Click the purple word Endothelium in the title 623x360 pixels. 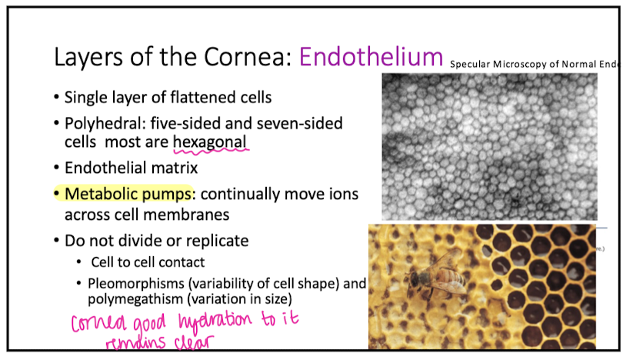tap(371, 56)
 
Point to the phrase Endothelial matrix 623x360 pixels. tap(121, 167)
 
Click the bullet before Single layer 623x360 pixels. tap(58, 98)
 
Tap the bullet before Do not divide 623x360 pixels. tap(58, 241)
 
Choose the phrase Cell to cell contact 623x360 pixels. tap(148, 262)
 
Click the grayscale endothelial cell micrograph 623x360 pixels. tap(489, 145)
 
